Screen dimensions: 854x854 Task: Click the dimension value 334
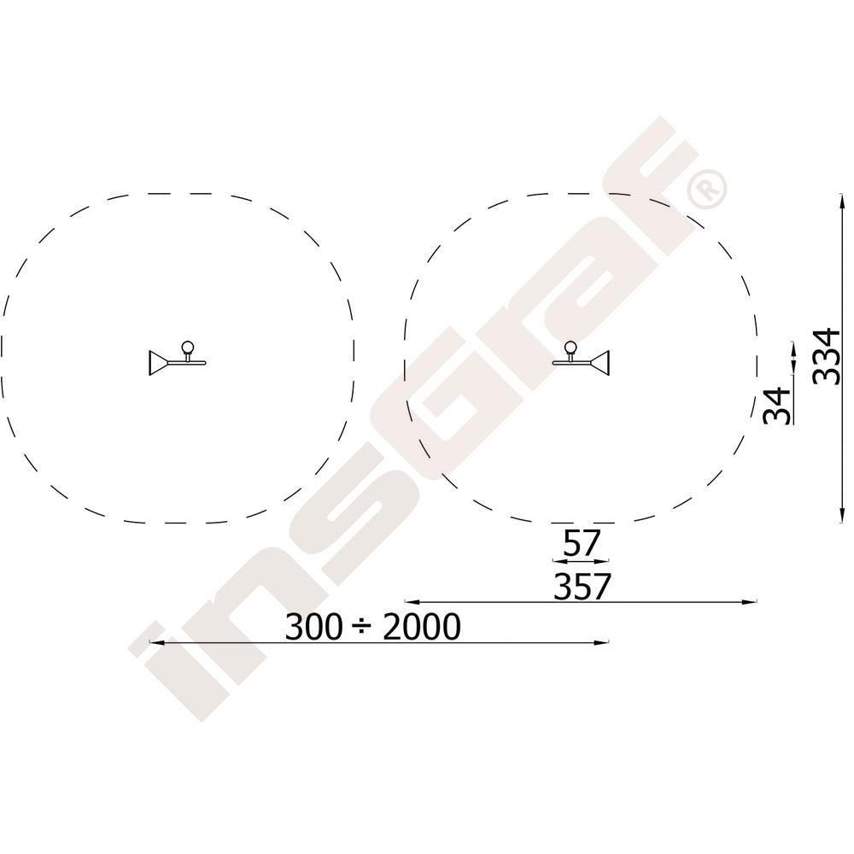(x=826, y=357)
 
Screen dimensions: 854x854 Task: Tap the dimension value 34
(x=776, y=406)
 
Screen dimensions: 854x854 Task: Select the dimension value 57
(x=581, y=543)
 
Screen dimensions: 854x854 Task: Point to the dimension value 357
(x=582, y=586)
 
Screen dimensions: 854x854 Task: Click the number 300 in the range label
(x=313, y=627)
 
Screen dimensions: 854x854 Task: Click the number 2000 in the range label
(x=422, y=627)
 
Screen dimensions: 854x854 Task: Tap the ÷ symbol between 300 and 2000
(x=363, y=628)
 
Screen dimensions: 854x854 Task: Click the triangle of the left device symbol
(x=157, y=363)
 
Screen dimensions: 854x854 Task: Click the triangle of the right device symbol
(x=600, y=363)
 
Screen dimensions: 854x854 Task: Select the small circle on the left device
(x=187, y=347)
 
